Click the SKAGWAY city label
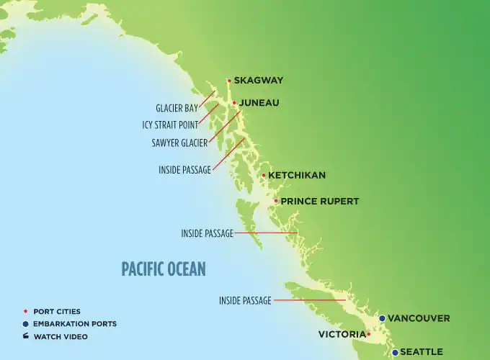[x=259, y=81]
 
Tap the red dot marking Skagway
[x=229, y=81]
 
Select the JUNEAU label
[x=259, y=103]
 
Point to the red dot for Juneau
[x=234, y=103]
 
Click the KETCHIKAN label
[x=297, y=175]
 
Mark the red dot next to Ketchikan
[x=264, y=175]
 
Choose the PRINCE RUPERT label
[x=319, y=201]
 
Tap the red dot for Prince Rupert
[x=276, y=201]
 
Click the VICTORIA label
[x=341, y=334]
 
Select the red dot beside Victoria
[x=368, y=334]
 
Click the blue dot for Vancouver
[x=382, y=318]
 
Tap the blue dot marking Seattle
[x=395, y=352]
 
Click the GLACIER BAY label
[x=177, y=109]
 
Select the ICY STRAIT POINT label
[x=170, y=125]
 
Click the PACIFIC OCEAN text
[x=164, y=269]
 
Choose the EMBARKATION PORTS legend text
[x=75, y=324]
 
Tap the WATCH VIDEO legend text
[x=64, y=336]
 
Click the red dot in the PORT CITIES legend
[x=26, y=311]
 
